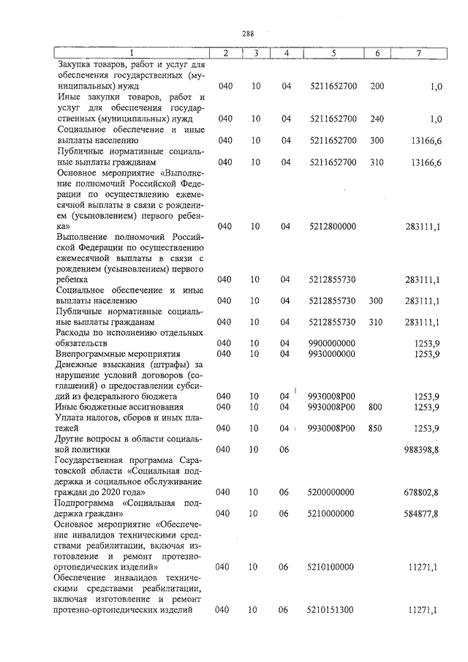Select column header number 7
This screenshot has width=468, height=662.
(418, 53)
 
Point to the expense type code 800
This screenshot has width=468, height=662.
(377, 407)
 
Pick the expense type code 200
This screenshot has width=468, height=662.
(377, 86)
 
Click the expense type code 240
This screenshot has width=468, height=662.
(377, 119)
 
